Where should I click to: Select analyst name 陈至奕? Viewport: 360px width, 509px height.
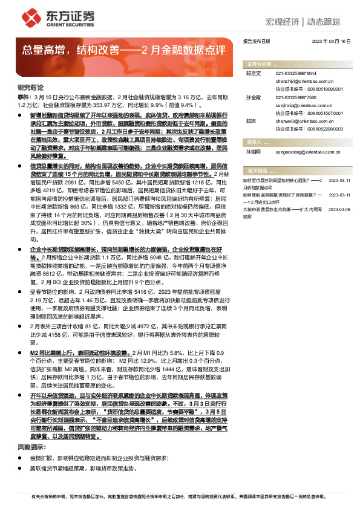click(252, 73)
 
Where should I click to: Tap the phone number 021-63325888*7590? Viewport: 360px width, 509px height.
click(296, 97)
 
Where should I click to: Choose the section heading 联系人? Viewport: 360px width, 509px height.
click(254, 141)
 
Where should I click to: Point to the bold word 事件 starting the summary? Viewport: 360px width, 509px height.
click(22, 96)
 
